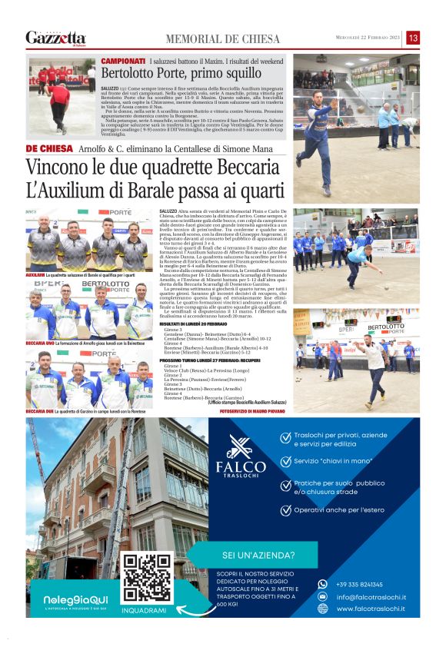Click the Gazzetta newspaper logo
55,37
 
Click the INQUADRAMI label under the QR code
144,610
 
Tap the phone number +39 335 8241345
360,584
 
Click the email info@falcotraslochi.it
371,597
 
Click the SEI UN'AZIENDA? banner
258,554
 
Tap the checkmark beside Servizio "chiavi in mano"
286,461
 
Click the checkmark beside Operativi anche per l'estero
286,509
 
